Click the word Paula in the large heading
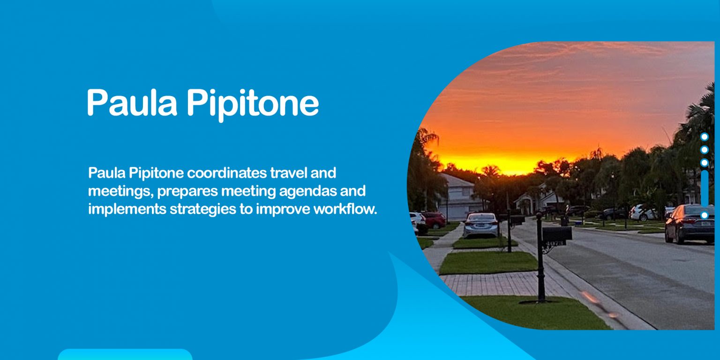click(x=132, y=103)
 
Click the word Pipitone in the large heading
click(x=253, y=104)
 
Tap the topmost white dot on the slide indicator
click(x=704, y=137)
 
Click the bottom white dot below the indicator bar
click(x=704, y=215)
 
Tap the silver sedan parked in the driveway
click(x=481, y=225)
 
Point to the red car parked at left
click(x=435, y=219)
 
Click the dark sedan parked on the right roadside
click(x=690, y=224)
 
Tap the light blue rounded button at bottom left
click(x=125, y=354)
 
